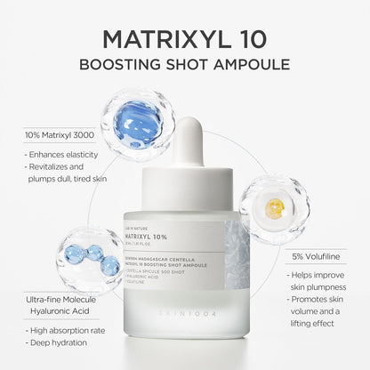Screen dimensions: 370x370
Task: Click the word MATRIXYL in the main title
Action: click(160, 40)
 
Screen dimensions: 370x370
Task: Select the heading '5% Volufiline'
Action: click(315, 256)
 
